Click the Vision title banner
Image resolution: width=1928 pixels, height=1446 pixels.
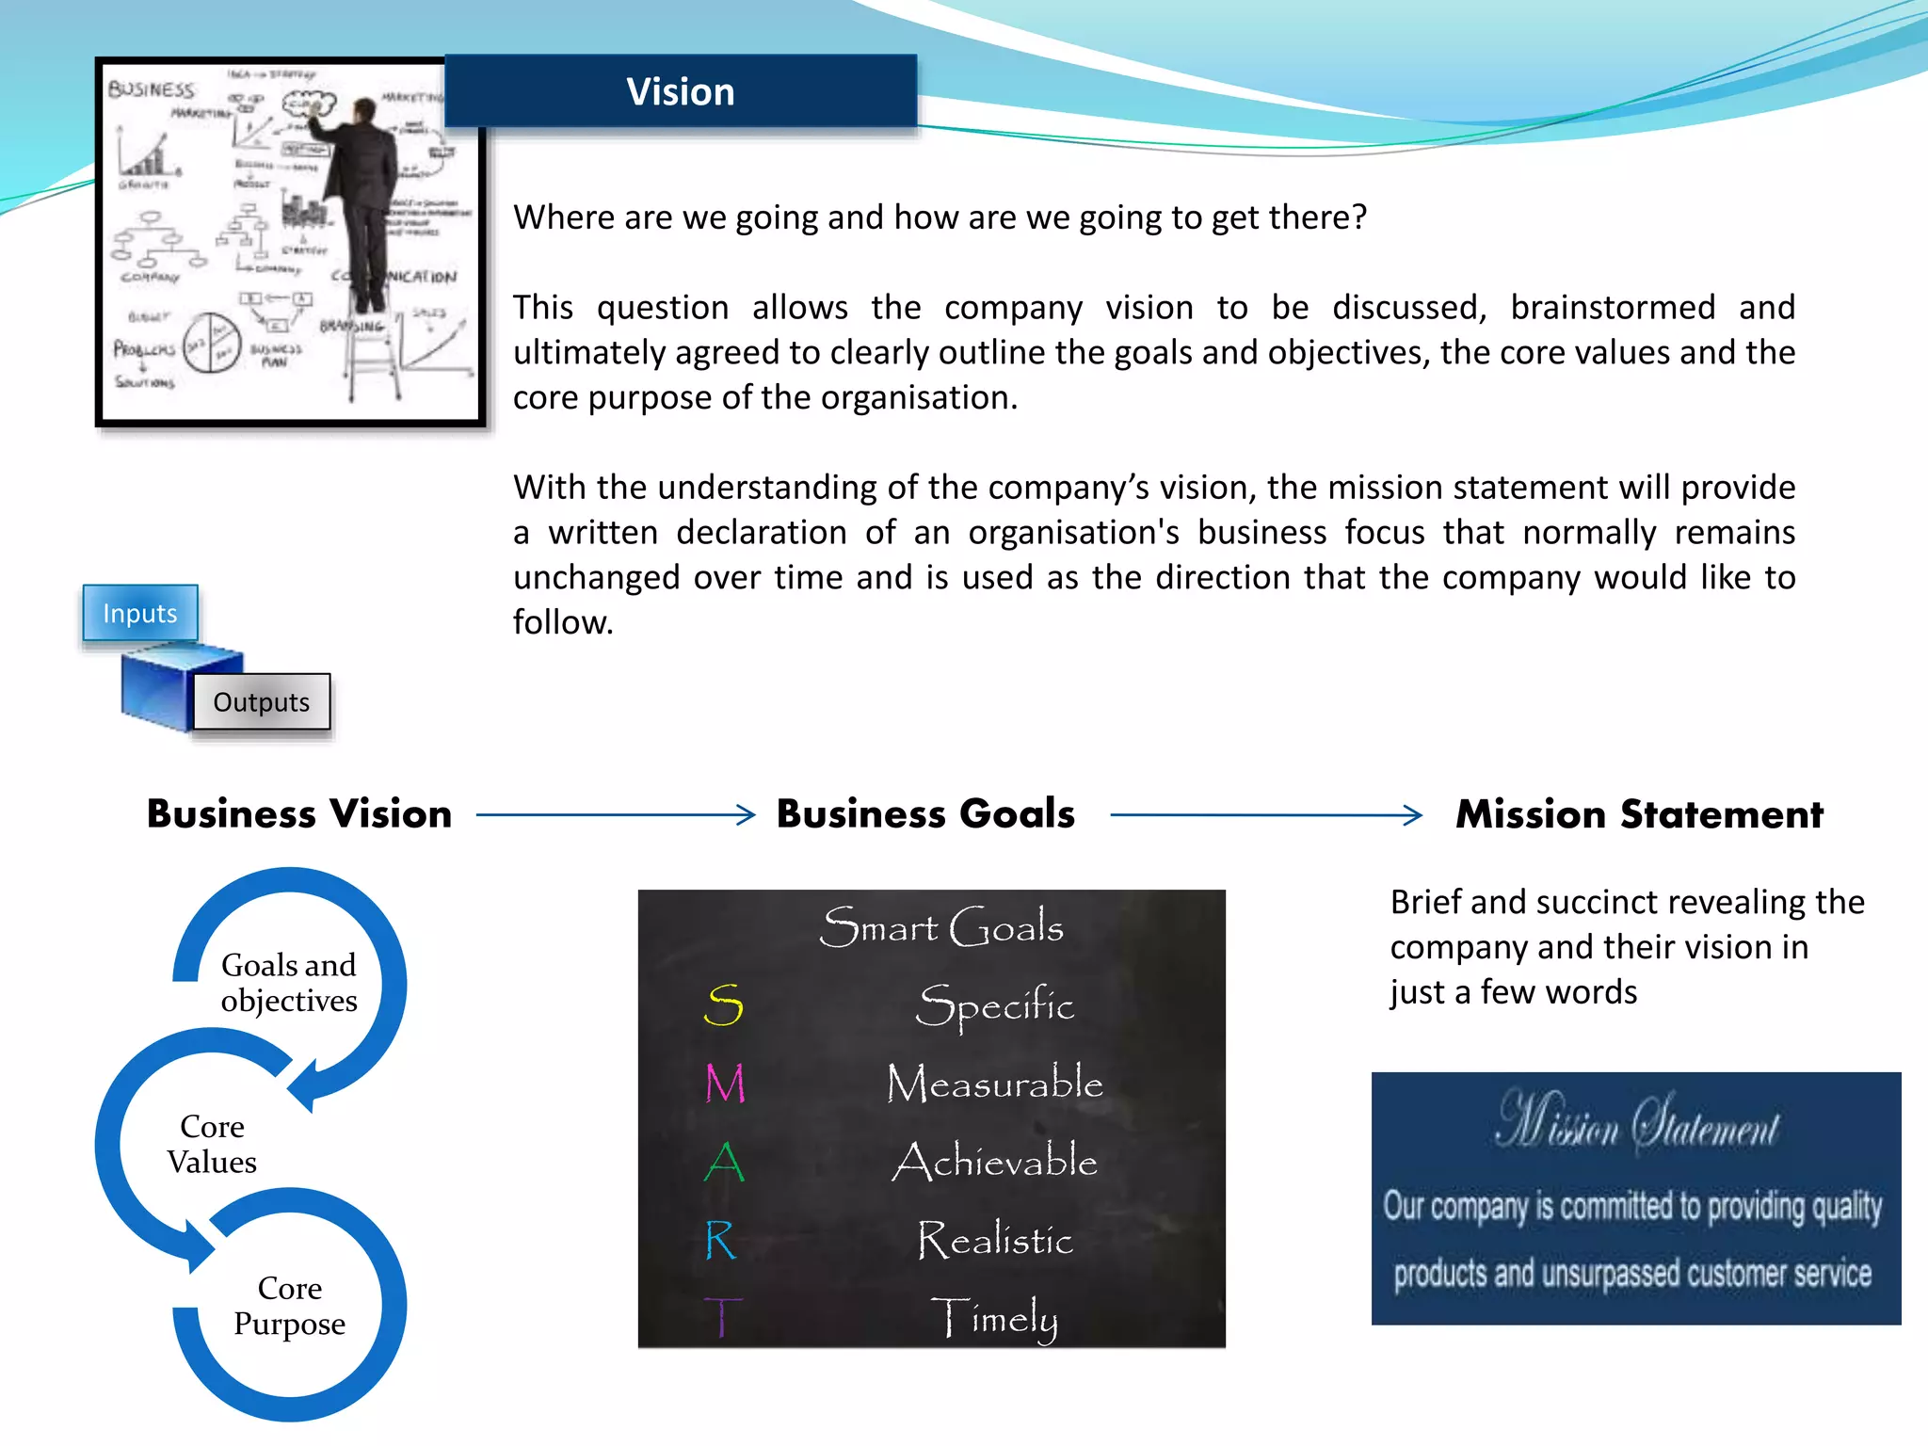pos(680,91)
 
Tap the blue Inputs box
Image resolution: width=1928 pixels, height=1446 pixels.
pos(140,613)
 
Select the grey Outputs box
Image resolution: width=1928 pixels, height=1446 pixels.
pos(262,702)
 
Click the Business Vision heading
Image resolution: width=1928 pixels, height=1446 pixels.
pos(299,814)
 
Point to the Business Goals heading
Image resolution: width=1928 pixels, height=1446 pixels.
pos(925,814)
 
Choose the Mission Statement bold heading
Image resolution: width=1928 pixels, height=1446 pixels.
pos(1639,814)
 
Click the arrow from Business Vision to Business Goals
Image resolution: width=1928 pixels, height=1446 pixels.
pos(616,814)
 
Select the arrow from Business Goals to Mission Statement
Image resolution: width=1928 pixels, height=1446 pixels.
pos(1266,814)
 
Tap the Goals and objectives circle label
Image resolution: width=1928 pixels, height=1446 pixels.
pos(289,983)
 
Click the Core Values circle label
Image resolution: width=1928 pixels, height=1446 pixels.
pos(212,1144)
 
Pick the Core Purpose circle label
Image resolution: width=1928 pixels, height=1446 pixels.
pos(290,1306)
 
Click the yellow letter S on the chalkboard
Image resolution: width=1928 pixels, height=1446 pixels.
pos(724,1005)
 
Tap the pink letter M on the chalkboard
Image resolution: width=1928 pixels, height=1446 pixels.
pos(725,1084)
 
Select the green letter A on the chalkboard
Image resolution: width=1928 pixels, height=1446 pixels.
pos(724,1162)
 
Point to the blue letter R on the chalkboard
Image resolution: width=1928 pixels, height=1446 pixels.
pos(721,1240)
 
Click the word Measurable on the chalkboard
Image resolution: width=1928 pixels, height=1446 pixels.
pos(994,1084)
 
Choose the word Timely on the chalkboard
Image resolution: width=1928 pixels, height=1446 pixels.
pos(994,1318)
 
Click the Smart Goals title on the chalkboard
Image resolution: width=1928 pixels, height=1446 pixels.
pos(941,927)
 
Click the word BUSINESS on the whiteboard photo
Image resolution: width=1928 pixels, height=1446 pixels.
pos(151,89)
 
